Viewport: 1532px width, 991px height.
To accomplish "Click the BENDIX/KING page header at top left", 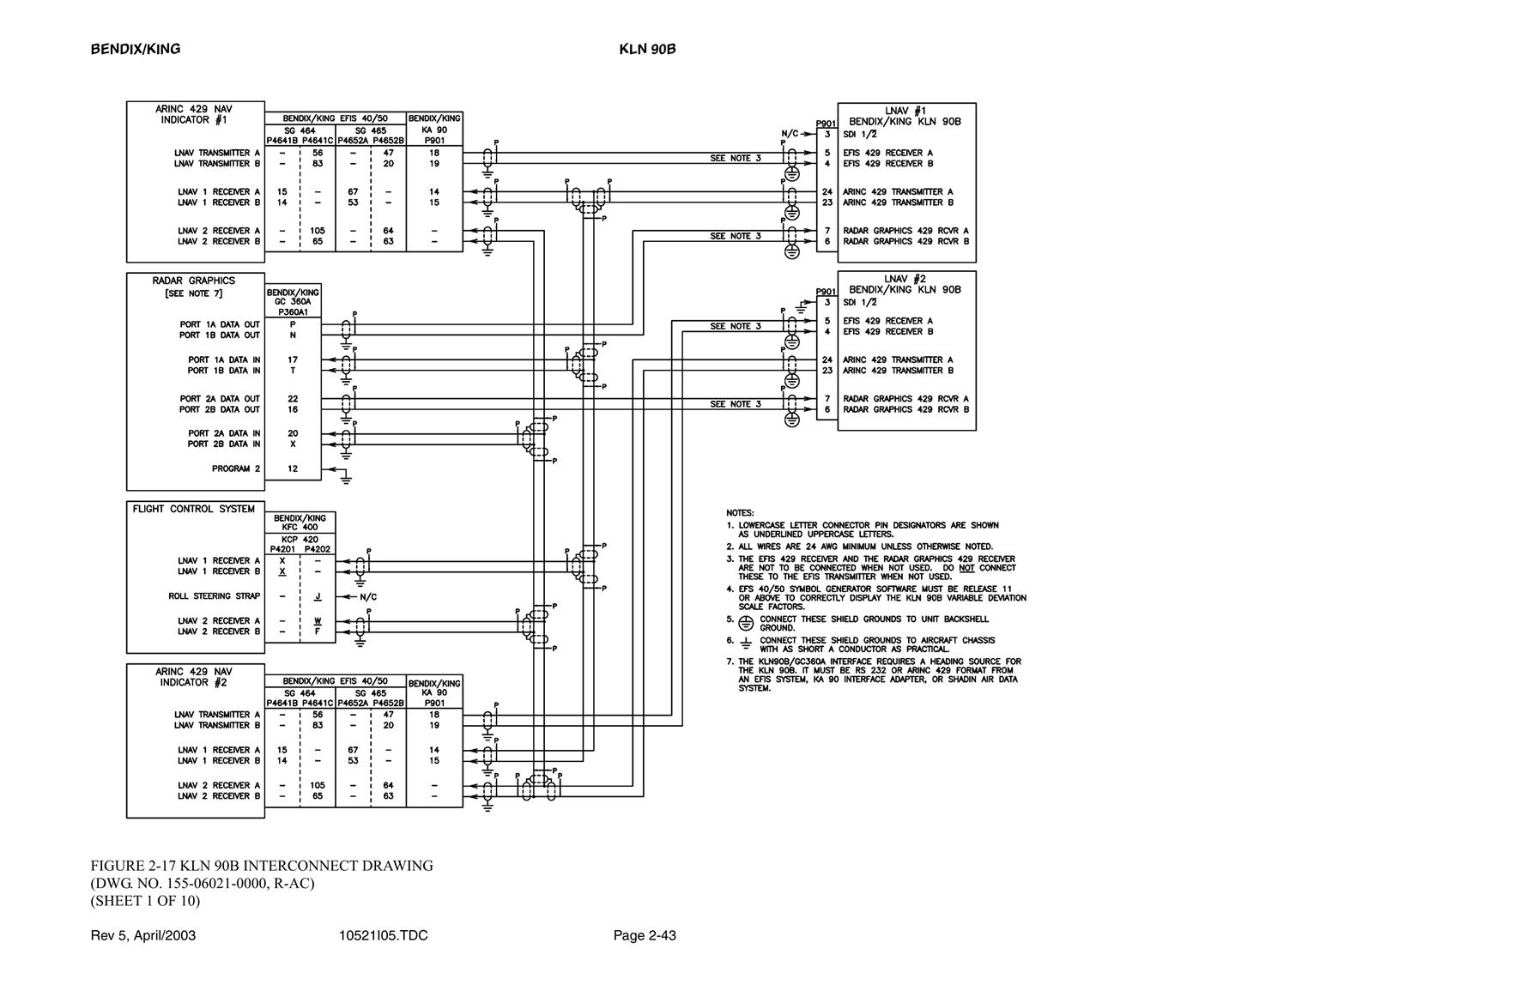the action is (x=136, y=49).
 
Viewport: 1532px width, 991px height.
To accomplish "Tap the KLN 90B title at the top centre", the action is (x=647, y=49).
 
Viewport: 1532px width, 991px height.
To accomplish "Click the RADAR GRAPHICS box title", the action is (x=194, y=281).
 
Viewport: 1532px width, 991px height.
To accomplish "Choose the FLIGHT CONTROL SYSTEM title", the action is (x=194, y=509).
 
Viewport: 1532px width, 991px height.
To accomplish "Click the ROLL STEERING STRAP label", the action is (x=215, y=596).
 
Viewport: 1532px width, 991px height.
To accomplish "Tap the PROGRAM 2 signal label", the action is (x=236, y=469).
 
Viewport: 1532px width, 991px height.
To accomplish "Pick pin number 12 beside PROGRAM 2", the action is (x=293, y=469).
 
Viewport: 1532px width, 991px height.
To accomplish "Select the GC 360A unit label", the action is (x=293, y=302).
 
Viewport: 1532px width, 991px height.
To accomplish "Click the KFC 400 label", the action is (x=300, y=528).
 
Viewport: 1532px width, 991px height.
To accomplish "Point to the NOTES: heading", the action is (x=740, y=513).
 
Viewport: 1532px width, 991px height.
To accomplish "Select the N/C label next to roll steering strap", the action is (x=368, y=596).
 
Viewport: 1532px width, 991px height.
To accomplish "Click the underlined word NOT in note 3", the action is (x=967, y=568).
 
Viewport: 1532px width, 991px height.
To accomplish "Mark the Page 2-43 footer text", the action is (x=645, y=935).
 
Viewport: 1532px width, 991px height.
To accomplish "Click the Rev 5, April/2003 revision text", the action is (x=143, y=935).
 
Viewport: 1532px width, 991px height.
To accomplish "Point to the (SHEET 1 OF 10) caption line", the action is (x=145, y=901).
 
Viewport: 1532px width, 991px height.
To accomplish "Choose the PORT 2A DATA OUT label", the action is (x=220, y=399).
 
